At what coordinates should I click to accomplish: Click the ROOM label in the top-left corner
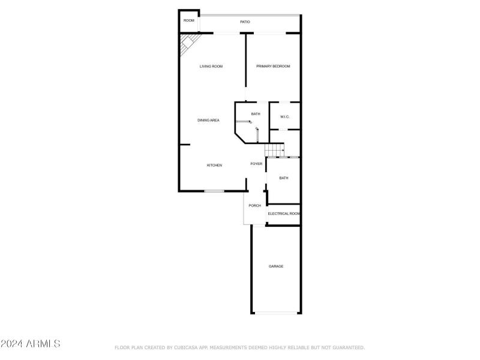pyautogui.click(x=189, y=21)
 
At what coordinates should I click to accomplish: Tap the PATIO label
pyautogui.click(x=245, y=22)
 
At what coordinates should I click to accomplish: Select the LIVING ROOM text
pyautogui.click(x=211, y=67)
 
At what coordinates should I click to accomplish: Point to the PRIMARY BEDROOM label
pyautogui.click(x=273, y=67)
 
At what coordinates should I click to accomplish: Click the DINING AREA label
pyautogui.click(x=208, y=121)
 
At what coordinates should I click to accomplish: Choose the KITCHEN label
pyautogui.click(x=215, y=166)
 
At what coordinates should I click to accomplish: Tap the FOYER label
pyautogui.click(x=256, y=164)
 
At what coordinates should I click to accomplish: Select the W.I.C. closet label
pyautogui.click(x=284, y=117)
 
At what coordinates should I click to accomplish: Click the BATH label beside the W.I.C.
pyautogui.click(x=256, y=114)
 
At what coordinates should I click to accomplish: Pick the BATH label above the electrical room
pyautogui.click(x=283, y=178)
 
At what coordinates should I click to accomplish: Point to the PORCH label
pyautogui.click(x=255, y=206)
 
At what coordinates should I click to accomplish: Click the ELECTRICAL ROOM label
pyautogui.click(x=284, y=214)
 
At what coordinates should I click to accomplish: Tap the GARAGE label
pyautogui.click(x=276, y=266)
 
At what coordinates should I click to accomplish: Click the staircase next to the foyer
pyautogui.click(x=275, y=150)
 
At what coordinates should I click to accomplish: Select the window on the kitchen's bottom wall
pyautogui.click(x=214, y=191)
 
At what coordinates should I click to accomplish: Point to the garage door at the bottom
pyautogui.click(x=276, y=313)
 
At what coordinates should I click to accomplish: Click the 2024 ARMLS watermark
pyautogui.click(x=31, y=344)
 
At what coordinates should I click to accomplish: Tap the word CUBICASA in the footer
pyautogui.click(x=188, y=347)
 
